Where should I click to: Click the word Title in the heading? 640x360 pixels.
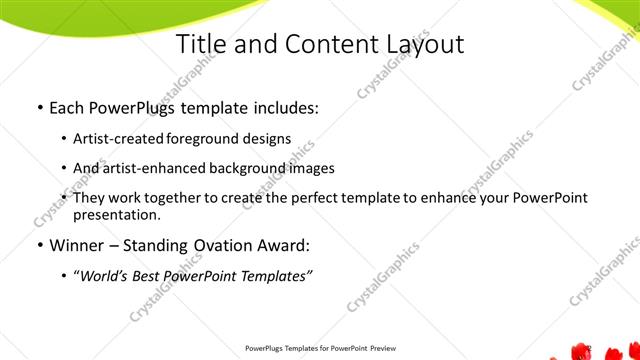201,45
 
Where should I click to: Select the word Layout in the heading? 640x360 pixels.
419,45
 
